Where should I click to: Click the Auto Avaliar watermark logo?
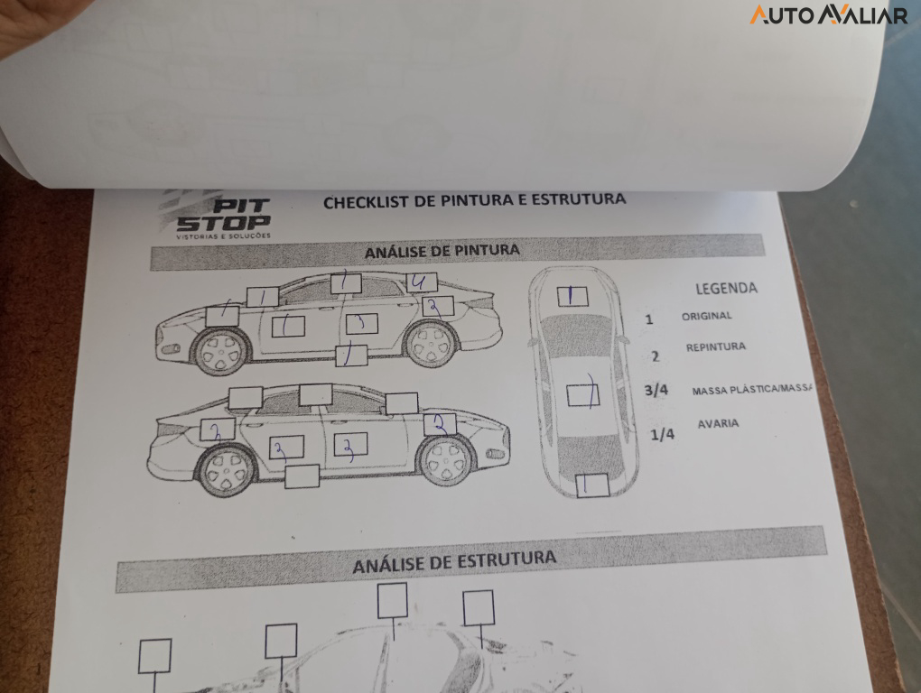(x=828, y=14)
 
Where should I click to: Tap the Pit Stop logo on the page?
(x=222, y=217)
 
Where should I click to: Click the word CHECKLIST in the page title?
(x=366, y=202)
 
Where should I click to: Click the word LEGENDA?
(x=726, y=289)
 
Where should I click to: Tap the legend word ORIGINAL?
(x=706, y=317)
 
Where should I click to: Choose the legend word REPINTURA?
(x=715, y=347)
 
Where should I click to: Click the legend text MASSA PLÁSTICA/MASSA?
(x=752, y=391)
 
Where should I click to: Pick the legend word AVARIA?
(x=718, y=423)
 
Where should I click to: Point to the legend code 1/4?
(x=662, y=434)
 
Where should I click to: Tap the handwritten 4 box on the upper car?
(x=421, y=282)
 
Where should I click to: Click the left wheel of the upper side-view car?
(x=221, y=352)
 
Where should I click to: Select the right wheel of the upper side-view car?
(x=431, y=344)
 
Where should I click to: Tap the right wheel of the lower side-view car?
(x=446, y=460)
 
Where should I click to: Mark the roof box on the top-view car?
(x=582, y=395)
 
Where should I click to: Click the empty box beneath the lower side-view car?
(x=302, y=476)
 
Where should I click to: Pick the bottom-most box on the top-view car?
(x=591, y=485)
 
